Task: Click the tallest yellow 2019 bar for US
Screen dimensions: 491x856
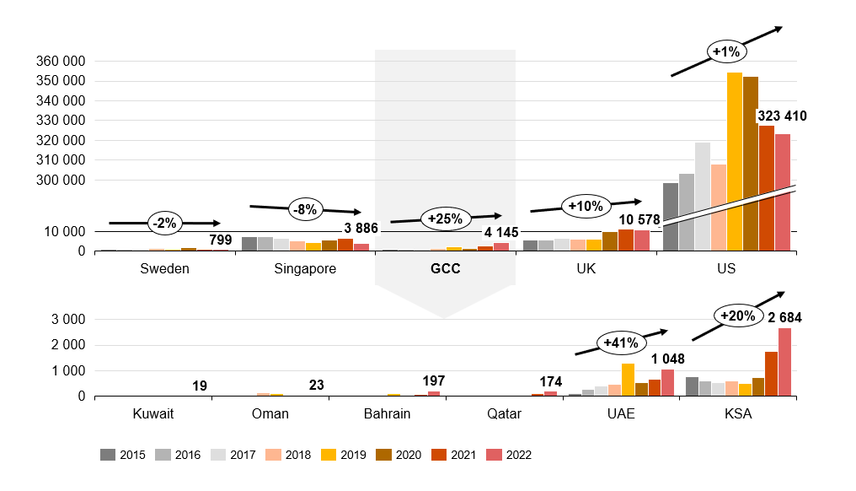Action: [x=735, y=160]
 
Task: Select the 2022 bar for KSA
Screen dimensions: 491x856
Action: [x=784, y=362]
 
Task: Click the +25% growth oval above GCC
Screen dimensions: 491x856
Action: [x=446, y=219]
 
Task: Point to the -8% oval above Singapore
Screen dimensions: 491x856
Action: [x=305, y=209]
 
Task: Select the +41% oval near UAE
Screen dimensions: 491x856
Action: [x=621, y=343]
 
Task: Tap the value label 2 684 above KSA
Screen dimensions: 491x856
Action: [x=784, y=318]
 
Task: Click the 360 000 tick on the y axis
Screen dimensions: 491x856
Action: [x=62, y=62]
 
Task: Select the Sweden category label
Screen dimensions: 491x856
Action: [x=164, y=269]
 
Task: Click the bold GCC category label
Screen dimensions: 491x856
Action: [x=445, y=269]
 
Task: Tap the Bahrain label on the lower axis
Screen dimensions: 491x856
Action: [x=388, y=413]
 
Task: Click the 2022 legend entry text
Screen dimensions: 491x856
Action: [x=519, y=455]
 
